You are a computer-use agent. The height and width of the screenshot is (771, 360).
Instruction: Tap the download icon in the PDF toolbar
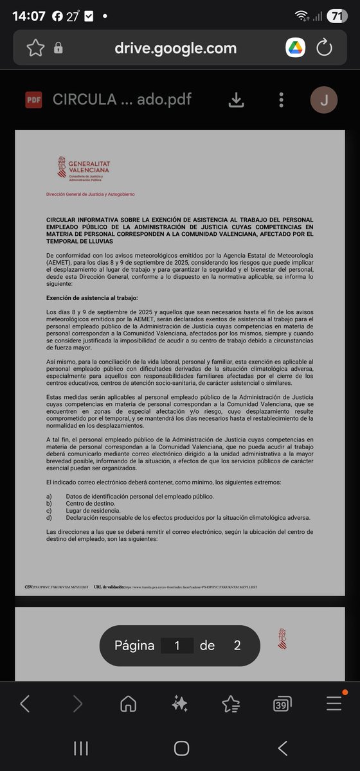(237, 100)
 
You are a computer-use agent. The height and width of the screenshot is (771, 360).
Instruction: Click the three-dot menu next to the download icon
(281, 100)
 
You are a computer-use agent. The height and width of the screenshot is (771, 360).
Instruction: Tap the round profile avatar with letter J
(324, 100)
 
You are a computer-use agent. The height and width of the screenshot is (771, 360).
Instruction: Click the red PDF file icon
(33, 100)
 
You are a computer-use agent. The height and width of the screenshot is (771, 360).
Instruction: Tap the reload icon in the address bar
(325, 48)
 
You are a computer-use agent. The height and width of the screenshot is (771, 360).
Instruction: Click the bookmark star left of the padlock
(35, 48)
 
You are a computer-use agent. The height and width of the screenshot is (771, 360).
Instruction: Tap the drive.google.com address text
(175, 48)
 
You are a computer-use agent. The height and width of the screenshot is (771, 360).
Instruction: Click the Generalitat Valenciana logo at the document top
(84, 169)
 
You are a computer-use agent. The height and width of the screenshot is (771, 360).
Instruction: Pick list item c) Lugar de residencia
(93, 511)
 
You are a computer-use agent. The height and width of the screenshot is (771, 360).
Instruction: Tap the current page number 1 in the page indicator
(177, 645)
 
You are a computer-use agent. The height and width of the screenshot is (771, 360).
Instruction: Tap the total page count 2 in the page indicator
(237, 645)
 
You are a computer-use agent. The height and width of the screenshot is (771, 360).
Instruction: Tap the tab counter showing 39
(282, 704)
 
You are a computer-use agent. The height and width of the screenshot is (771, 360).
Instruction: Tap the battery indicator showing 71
(335, 17)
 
